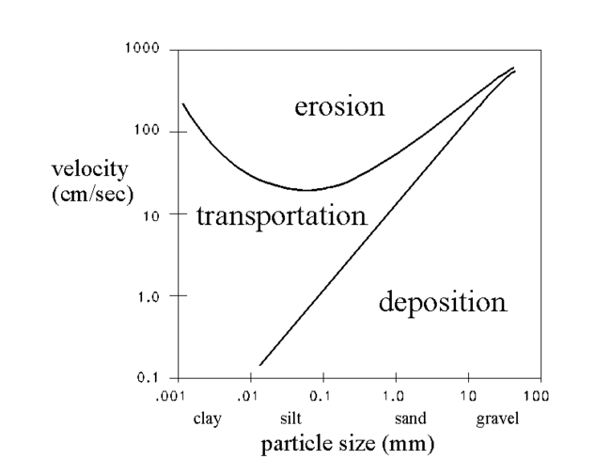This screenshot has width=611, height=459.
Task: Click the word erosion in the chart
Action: coord(339,106)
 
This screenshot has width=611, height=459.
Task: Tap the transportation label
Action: coord(281,217)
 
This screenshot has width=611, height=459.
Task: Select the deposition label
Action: coord(442,303)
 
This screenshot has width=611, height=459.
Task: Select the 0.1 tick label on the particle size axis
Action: coord(321,397)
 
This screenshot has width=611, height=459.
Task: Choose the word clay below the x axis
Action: coord(207,419)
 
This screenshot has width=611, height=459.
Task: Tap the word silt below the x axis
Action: coord(291,419)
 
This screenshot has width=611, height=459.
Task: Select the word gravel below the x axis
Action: coord(497,419)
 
